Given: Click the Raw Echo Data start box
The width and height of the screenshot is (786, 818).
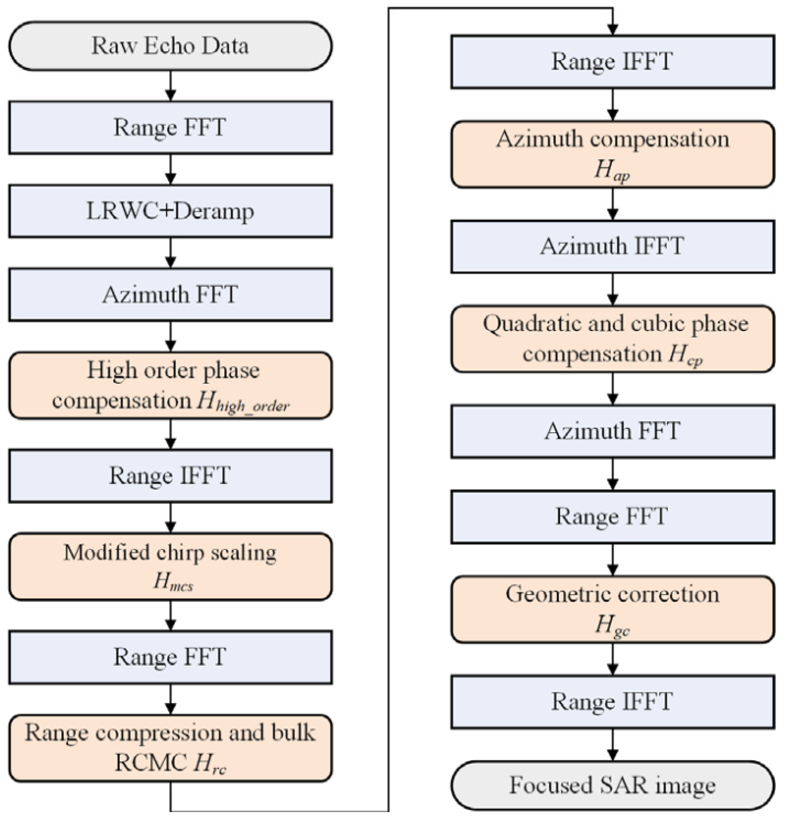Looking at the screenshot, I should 170,46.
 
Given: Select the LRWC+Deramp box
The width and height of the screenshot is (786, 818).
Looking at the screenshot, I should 170,211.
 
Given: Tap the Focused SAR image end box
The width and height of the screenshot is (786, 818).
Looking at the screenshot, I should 612,786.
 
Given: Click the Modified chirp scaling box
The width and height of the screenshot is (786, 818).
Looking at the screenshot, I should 170,566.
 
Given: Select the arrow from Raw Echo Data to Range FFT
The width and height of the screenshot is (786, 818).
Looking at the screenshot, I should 170,86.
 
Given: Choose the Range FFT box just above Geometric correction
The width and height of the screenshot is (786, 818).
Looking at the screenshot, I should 612,517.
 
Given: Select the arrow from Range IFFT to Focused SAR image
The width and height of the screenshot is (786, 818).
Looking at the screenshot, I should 612,745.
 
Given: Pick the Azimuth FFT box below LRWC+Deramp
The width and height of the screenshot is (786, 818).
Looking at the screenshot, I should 170,295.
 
